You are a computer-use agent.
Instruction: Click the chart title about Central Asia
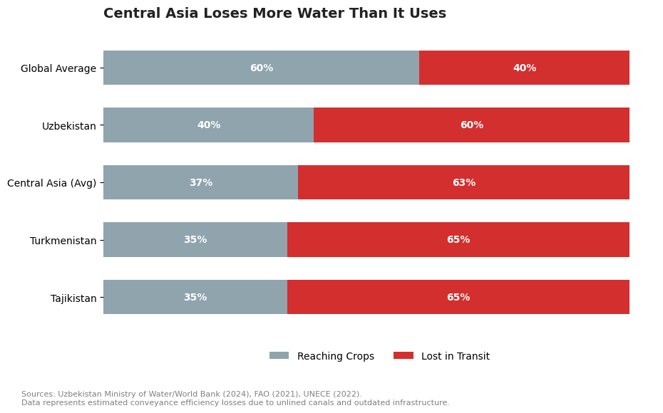pos(274,14)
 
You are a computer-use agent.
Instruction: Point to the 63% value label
pos(463,183)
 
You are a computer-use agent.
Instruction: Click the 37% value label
pos(200,183)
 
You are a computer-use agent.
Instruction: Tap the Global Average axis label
pos(58,68)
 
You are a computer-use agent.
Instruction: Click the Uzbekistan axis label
pos(68,126)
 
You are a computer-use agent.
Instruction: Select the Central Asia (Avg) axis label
pos(51,183)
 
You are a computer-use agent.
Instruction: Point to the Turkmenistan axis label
pos(63,241)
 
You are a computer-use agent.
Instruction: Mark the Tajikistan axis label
pos(73,298)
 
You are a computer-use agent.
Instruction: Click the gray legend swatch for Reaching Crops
pos(279,355)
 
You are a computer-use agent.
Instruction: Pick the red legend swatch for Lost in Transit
pos(403,355)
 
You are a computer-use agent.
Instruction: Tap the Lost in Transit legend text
pos(455,356)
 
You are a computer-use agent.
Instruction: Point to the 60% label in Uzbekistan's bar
pos(471,125)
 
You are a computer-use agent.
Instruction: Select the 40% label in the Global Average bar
pos(524,68)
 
